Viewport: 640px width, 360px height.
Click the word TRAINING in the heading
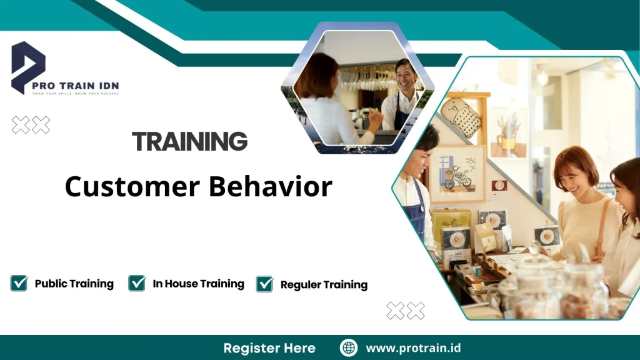tap(190, 142)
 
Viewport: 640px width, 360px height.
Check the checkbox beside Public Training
tap(19, 283)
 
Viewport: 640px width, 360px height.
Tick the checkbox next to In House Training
tap(137, 283)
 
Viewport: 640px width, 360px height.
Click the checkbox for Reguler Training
tap(264, 284)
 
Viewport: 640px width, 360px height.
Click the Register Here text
tap(269, 348)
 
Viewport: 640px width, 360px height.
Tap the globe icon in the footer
tap(348, 348)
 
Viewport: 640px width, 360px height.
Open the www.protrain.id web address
tap(413, 348)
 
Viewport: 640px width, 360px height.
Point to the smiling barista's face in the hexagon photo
tap(405, 76)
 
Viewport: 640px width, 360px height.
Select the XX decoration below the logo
tap(31, 125)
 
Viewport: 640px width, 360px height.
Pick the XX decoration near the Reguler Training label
tap(405, 310)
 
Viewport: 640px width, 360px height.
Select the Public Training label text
tap(74, 284)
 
